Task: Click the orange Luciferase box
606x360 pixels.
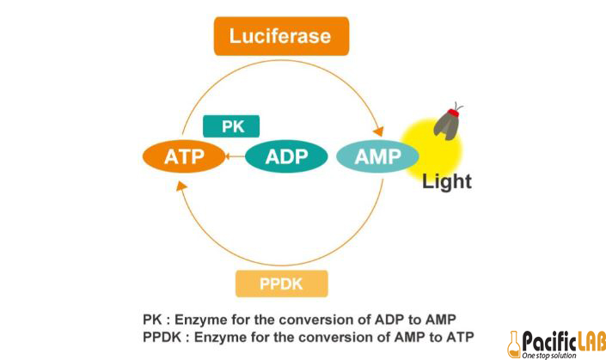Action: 281,37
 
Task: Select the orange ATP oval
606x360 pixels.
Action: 183,157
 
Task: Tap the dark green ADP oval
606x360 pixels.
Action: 286,157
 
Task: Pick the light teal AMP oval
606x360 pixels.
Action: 377,157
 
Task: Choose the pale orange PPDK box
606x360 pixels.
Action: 281,283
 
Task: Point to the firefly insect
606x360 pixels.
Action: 447,125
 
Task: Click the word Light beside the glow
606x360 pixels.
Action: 447,182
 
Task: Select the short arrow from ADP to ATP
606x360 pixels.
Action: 235,157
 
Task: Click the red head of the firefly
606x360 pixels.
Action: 456,109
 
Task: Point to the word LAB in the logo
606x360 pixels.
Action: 584,339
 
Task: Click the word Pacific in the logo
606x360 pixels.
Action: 543,339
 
